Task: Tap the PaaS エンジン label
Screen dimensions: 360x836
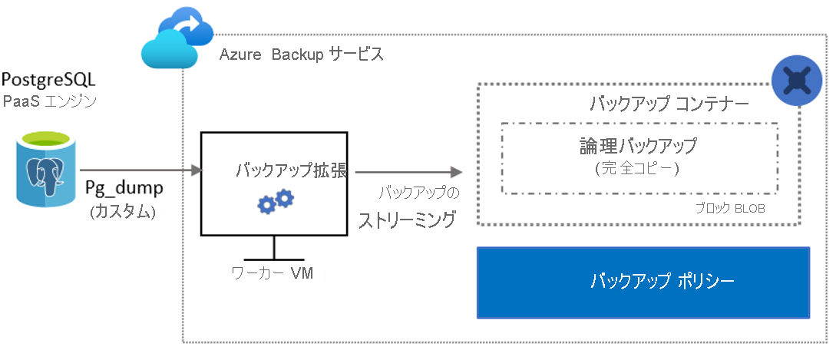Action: [x=48, y=101]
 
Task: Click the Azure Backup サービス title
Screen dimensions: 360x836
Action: [x=301, y=55]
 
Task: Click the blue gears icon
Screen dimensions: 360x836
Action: [x=275, y=202]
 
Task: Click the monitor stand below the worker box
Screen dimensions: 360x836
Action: [x=274, y=247]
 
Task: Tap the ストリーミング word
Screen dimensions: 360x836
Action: [x=407, y=221]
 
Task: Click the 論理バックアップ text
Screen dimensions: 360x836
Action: [x=638, y=145]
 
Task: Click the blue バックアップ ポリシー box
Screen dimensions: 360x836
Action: [x=643, y=282]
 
